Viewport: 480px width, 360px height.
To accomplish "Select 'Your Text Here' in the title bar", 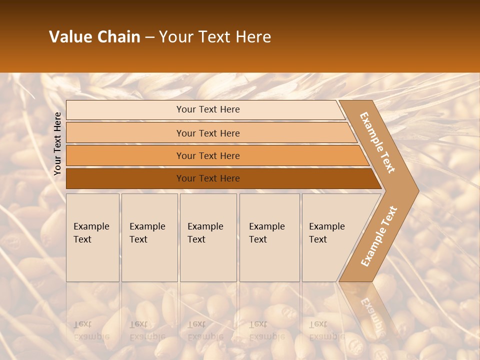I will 215,37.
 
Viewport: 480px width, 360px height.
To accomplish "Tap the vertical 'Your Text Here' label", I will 57,143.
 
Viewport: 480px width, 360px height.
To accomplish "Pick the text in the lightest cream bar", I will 208,109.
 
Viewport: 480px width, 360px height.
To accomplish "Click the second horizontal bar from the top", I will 208,133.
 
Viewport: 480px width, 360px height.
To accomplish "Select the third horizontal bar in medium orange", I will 208,156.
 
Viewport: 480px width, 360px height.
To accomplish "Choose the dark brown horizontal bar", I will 208,178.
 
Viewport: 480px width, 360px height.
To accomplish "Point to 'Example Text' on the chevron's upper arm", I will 377,142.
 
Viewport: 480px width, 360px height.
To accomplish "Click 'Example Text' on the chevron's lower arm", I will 379,236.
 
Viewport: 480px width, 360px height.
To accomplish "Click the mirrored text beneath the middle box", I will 205,330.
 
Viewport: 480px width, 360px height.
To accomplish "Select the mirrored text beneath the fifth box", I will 326,330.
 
